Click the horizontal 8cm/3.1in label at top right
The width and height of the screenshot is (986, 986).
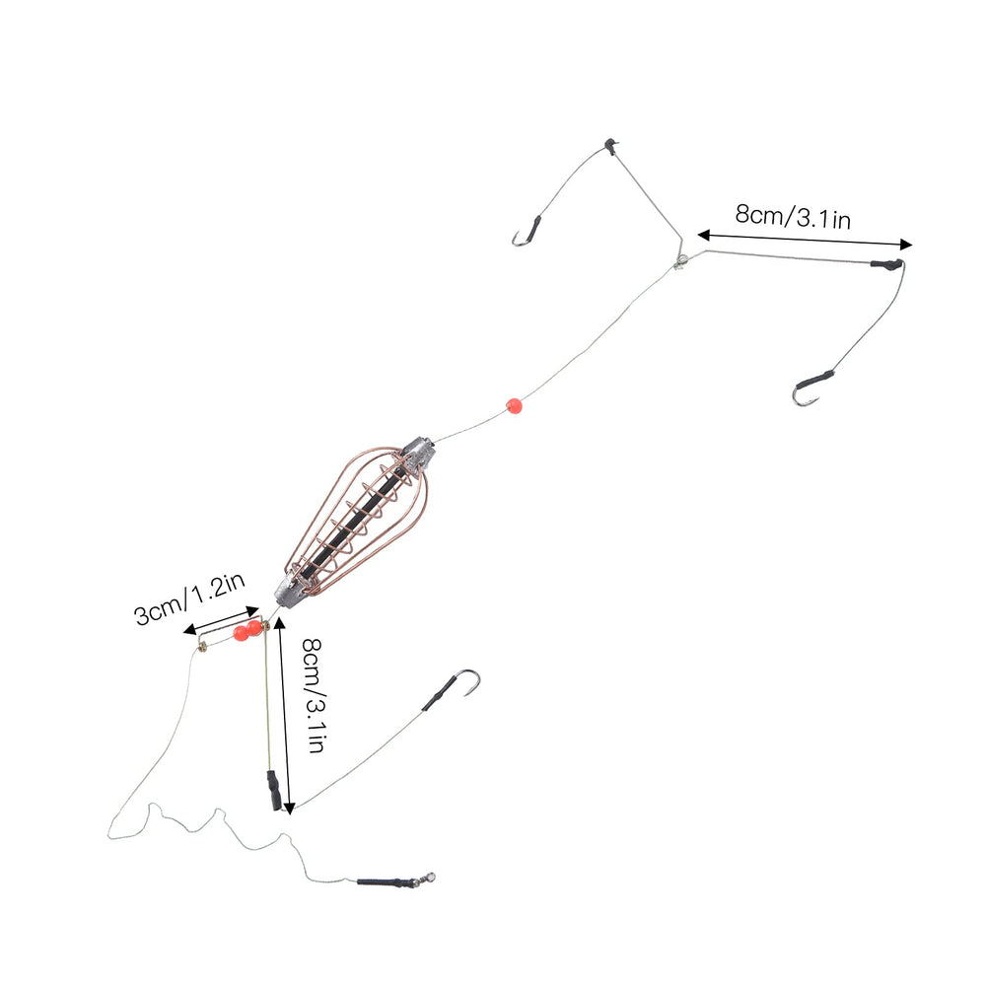tap(793, 217)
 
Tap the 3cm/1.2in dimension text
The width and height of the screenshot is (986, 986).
tap(189, 599)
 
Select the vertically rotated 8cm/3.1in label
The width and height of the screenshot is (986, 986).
tap(314, 695)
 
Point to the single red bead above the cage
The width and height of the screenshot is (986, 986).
tap(514, 405)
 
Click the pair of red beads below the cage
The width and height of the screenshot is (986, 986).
tap(247, 629)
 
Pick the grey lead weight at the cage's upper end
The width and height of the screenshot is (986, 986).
tap(417, 454)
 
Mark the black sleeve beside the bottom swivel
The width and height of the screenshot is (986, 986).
tap(379, 880)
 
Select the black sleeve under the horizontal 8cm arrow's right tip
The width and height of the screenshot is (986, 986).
tap(887, 264)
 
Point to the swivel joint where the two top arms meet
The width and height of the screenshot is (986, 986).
tap(679, 262)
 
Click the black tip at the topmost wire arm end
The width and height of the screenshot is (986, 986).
tap(609, 146)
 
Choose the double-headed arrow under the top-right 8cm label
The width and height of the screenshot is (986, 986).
tap(805, 240)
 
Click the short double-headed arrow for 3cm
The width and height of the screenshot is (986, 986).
tap(221, 620)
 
